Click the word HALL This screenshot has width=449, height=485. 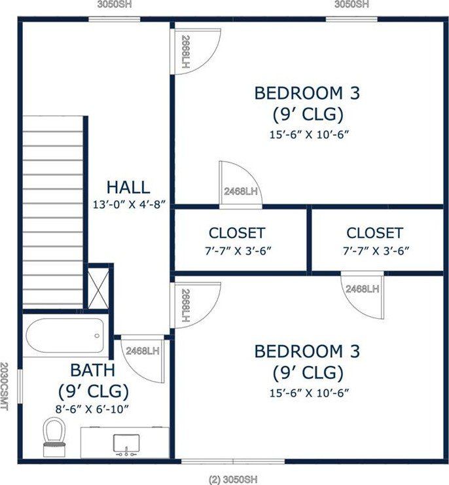(128, 187)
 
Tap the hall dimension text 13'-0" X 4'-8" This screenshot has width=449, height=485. (128, 204)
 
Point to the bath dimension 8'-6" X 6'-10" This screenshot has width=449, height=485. (93, 409)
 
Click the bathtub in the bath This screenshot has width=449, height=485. (65, 336)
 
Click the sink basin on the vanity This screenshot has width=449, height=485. (125, 443)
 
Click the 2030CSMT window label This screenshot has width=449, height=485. (4, 387)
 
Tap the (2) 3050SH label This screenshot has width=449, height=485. (233, 479)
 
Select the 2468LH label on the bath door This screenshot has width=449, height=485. (143, 351)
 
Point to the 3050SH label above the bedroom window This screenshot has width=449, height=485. (351, 5)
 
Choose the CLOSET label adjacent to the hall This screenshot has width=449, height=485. (237, 233)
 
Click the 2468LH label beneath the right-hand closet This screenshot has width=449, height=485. (363, 289)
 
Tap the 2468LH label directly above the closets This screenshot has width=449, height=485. (241, 192)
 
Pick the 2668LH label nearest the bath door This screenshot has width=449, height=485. (185, 305)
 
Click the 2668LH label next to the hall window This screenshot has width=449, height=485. (185, 52)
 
